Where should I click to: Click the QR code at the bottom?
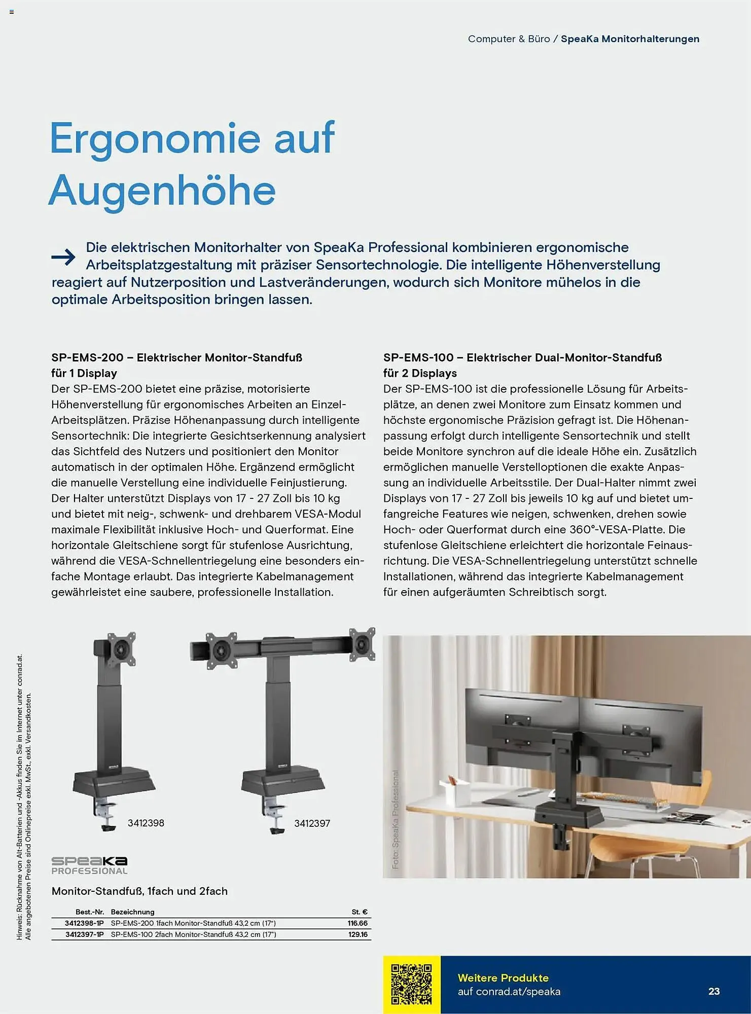(411, 984)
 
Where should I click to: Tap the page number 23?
(714, 991)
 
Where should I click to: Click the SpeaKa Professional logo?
(89, 865)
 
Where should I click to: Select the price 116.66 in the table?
(357, 923)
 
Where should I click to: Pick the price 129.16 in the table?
(357, 934)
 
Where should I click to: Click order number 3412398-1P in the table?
(84, 923)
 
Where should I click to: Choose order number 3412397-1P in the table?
(84, 934)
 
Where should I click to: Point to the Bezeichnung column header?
(132, 912)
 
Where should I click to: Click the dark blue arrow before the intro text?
(63, 257)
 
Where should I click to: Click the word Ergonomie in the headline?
(155, 138)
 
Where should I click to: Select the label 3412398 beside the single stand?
(146, 823)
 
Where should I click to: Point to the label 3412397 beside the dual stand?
(312, 823)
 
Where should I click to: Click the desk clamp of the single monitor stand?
(105, 814)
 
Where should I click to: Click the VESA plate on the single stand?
(122, 648)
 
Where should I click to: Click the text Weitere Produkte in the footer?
(503, 977)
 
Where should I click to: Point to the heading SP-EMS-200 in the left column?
(87, 357)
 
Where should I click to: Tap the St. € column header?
(360, 912)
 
